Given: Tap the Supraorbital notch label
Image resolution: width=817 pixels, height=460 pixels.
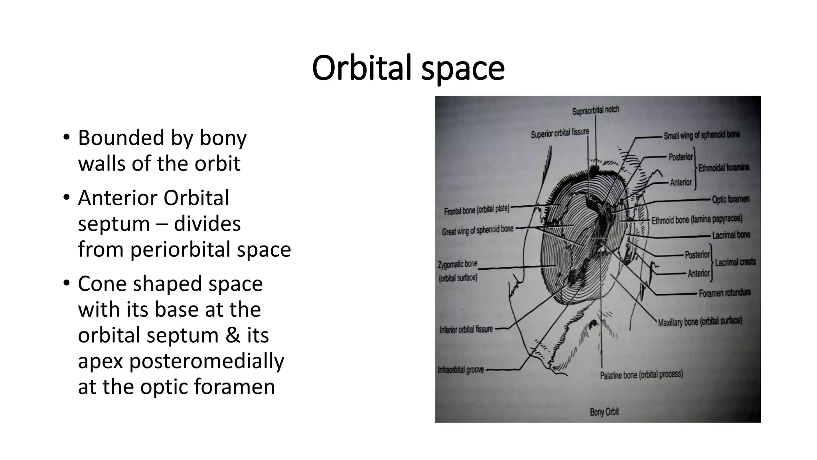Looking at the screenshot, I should (x=596, y=110).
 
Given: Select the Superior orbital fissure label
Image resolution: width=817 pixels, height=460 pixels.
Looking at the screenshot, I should (x=560, y=133).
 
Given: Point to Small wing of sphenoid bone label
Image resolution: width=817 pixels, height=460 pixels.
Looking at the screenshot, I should (x=702, y=135).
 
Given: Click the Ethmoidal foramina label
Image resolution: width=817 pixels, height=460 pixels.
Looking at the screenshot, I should (x=724, y=168).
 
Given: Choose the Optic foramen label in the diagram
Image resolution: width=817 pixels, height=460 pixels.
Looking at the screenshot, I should (x=731, y=199).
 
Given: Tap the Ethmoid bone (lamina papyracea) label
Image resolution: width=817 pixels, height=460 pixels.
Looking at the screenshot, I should (x=697, y=220).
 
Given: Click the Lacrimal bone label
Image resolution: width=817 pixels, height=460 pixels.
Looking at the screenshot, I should (x=731, y=235).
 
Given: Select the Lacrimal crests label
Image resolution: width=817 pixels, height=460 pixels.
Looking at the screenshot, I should (x=735, y=262).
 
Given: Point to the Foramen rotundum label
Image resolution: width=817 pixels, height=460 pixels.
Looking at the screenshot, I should (x=724, y=293).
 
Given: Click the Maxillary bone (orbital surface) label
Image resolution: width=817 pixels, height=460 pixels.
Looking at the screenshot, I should (x=700, y=321).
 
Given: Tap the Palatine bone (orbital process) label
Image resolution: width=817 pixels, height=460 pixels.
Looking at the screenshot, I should (x=641, y=375).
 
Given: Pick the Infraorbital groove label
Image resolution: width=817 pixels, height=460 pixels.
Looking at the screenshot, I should (x=461, y=370).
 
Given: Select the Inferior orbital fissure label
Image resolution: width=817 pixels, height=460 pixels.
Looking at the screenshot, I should (x=466, y=329).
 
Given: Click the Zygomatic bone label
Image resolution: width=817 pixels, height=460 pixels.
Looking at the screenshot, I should (x=458, y=264).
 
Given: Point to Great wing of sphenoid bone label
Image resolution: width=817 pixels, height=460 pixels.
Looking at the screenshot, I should (x=478, y=230).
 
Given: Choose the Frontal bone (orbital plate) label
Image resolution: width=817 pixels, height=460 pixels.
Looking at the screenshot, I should (x=477, y=210).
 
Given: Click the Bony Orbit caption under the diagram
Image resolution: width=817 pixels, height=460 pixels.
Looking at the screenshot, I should (x=604, y=412).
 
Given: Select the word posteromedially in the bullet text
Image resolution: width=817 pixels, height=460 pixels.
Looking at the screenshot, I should (x=206, y=361).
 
